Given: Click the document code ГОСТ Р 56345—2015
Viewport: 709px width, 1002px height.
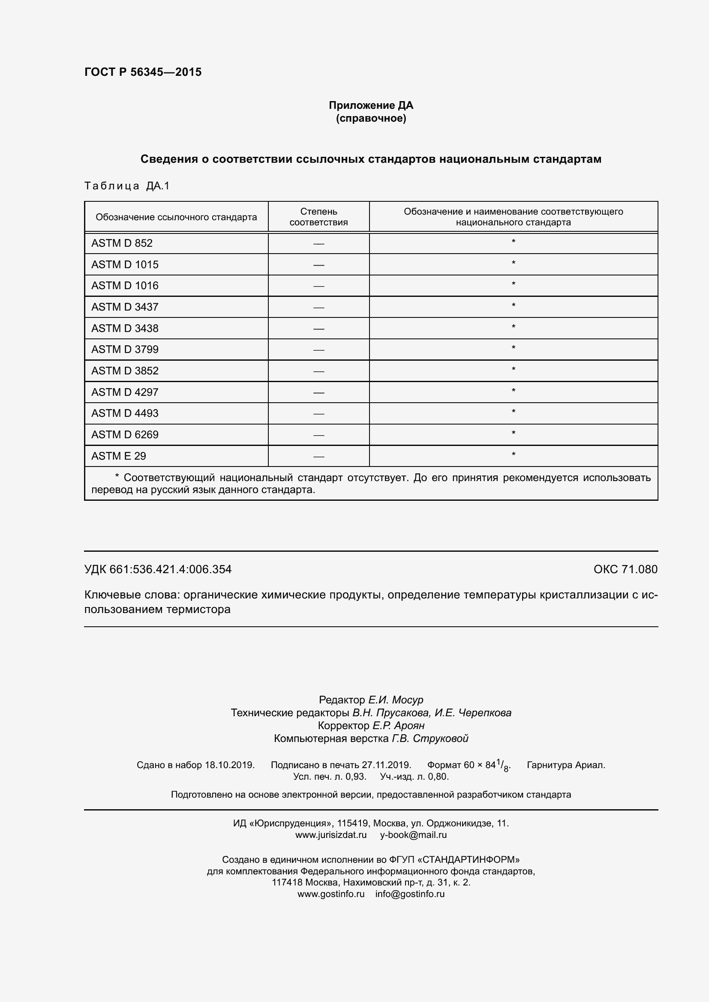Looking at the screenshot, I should tap(143, 72).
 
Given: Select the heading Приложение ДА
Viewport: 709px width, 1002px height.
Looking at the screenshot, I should tap(371, 105).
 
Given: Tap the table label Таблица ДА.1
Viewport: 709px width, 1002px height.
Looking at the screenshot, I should tap(126, 186).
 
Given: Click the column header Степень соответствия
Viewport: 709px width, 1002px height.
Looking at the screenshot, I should tap(318, 217).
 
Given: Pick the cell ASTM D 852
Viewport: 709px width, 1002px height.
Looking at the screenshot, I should tap(122, 243).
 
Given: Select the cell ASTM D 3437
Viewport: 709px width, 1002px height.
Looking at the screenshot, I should tap(124, 307).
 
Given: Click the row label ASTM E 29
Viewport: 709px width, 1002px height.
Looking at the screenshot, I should tap(118, 456).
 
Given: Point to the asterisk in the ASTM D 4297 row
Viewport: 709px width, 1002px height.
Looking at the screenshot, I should tap(514, 391).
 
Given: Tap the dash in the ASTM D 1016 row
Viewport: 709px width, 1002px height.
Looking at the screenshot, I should tap(318, 286).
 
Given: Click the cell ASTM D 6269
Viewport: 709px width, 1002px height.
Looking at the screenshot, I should tap(124, 435).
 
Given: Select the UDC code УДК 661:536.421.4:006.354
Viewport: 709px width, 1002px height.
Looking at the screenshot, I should tap(158, 569).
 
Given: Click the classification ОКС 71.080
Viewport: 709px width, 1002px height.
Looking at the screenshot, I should tap(625, 569).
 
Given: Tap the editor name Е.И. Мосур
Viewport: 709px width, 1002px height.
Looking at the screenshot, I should tap(396, 700).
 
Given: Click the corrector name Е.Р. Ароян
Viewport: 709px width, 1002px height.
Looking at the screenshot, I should tap(398, 725).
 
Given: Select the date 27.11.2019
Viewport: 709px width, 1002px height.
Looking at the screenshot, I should tap(386, 765).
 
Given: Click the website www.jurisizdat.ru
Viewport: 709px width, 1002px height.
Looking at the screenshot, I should tap(330, 835).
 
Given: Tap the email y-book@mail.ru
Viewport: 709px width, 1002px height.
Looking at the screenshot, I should tap(413, 835).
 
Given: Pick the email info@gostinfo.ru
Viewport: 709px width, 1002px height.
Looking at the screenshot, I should tap(409, 894).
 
